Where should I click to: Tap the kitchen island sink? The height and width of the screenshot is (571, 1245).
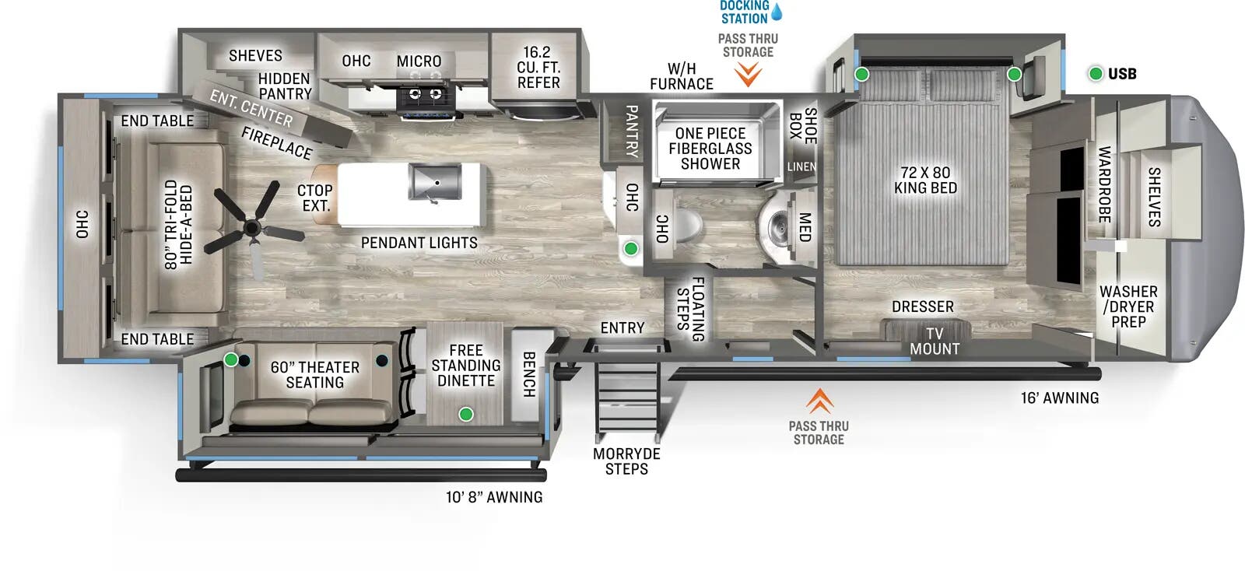[434, 182]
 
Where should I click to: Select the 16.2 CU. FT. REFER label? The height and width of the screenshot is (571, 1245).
[538, 68]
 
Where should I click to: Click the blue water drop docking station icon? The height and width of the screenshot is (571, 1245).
[776, 12]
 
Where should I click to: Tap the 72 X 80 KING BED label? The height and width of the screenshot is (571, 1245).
[925, 180]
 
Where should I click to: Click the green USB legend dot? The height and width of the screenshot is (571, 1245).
[1096, 74]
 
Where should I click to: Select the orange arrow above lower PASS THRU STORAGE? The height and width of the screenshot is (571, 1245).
[819, 401]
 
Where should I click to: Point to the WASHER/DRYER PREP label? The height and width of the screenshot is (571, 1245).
[1128, 307]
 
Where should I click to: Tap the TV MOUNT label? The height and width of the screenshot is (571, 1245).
[934, 342]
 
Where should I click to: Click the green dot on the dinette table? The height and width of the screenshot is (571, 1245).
[465, 414]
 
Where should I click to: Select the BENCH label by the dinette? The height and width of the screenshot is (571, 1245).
[529, 374]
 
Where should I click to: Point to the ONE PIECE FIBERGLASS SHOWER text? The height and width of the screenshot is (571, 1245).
[710, 149]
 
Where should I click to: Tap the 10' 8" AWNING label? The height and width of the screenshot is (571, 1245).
[494, 497]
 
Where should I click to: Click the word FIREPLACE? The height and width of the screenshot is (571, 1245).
[276, 143]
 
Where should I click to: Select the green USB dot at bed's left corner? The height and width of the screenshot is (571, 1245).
[862, 75]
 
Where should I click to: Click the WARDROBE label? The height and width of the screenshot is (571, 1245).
[1104, 184]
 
